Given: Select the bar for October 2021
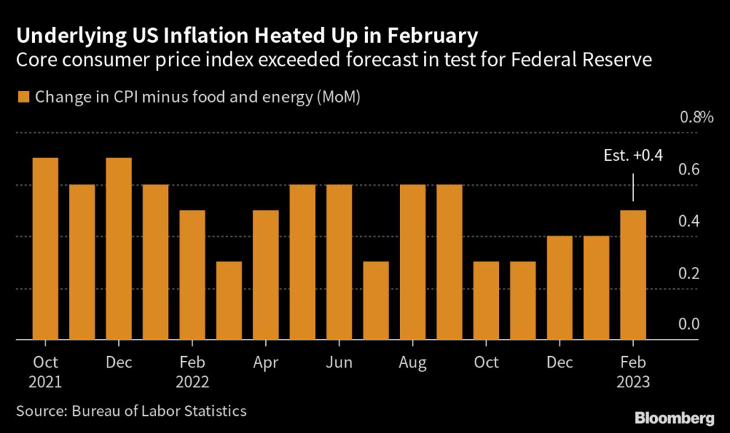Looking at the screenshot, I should point(46,249).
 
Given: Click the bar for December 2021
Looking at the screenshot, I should point(119,249).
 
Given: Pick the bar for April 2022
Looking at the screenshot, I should point(266,276).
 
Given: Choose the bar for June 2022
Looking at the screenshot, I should point(339,262).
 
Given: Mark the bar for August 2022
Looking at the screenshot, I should point(413,262).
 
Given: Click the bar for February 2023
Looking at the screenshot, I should point(633,276).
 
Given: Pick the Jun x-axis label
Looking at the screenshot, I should point(339,362).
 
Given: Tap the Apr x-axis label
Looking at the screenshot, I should point(266,362).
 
